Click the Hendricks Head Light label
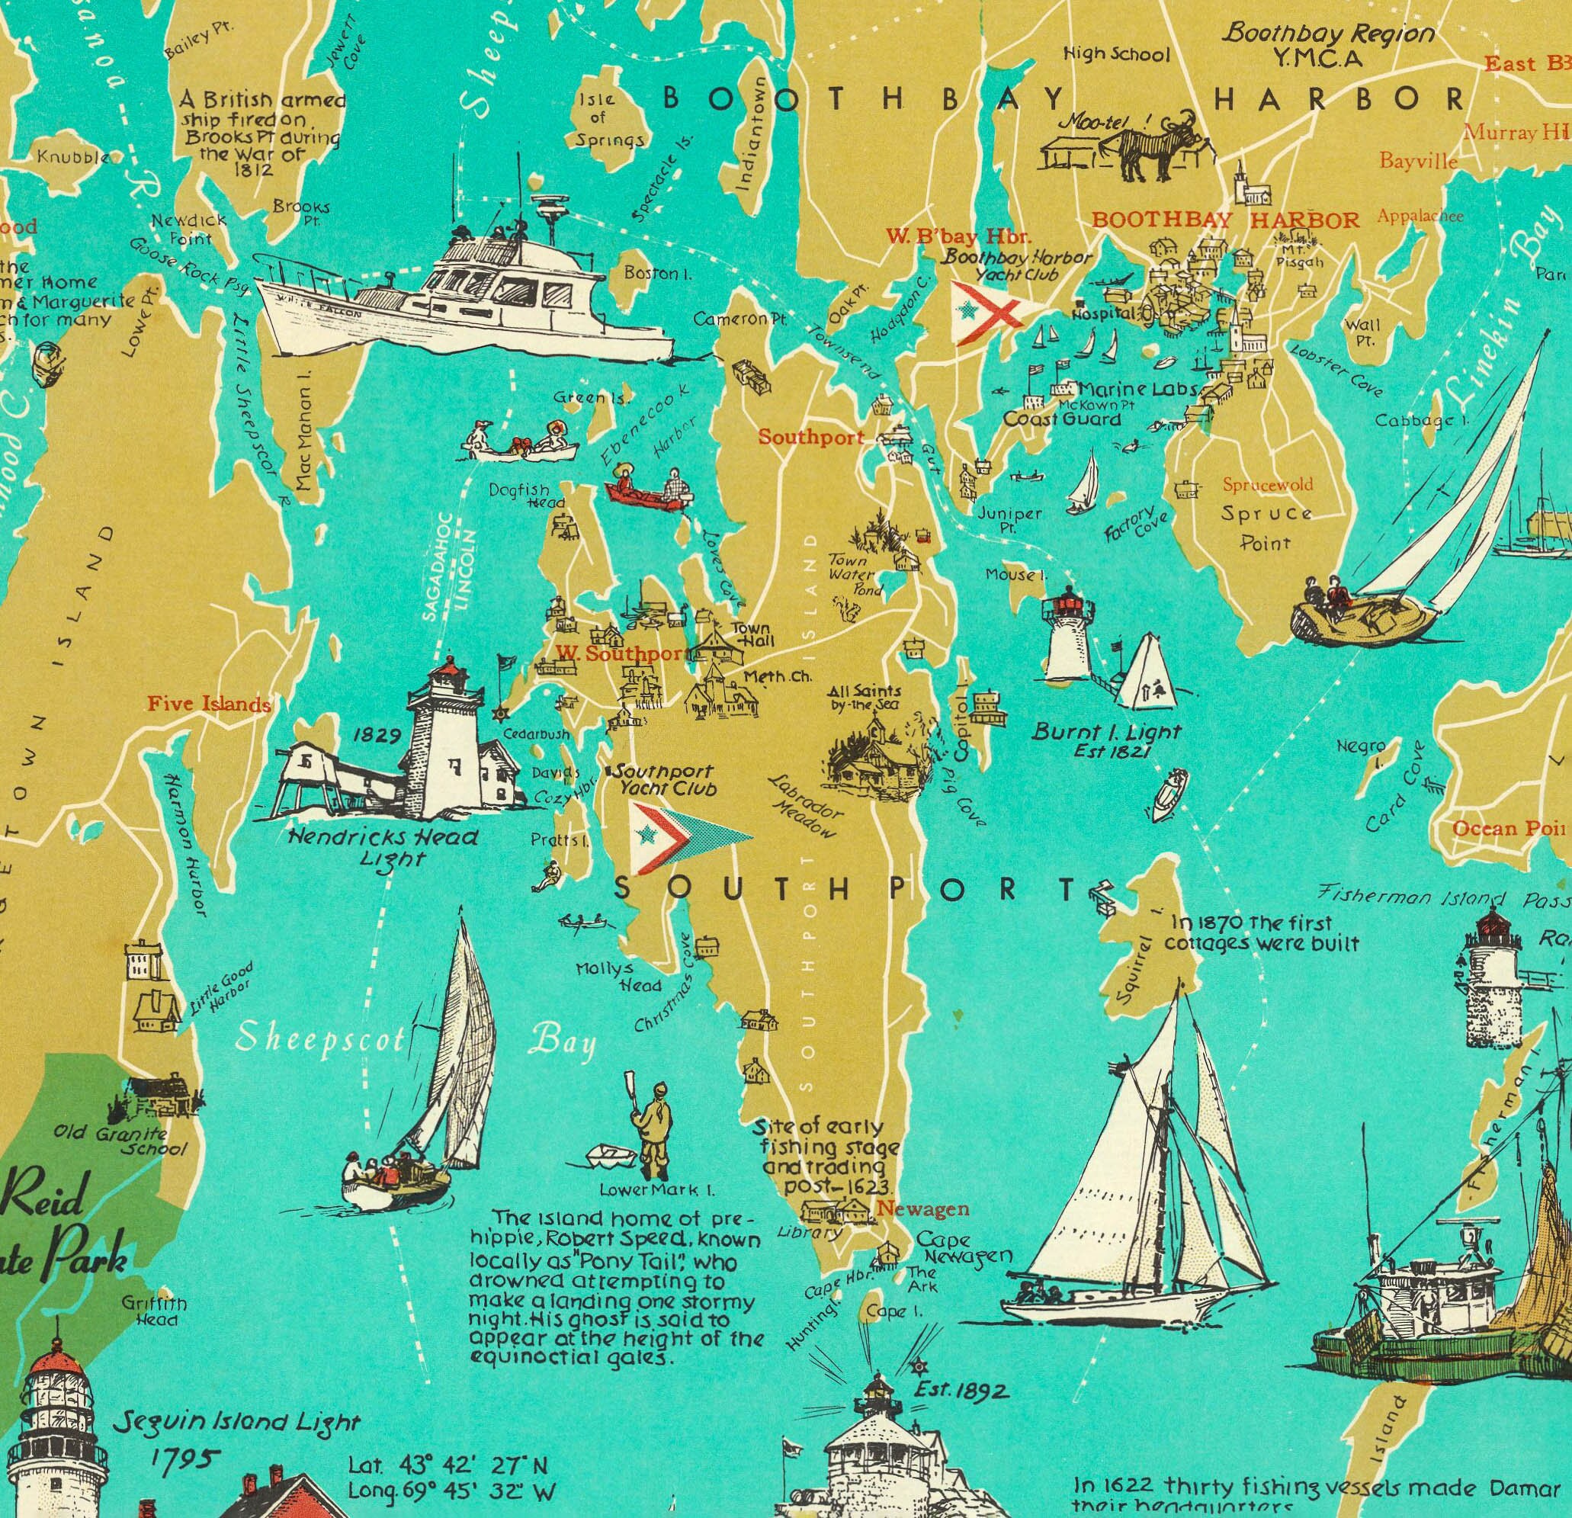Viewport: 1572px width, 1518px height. point(383,846)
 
